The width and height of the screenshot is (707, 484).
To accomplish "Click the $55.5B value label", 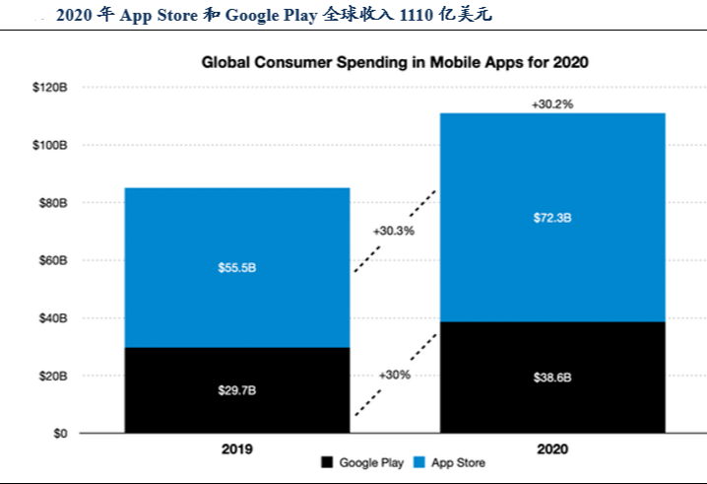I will pos(236,267).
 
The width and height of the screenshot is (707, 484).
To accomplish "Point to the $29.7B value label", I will pos(236,390).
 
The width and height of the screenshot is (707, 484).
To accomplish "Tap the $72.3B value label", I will pos(552,217).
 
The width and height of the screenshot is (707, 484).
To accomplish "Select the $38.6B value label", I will pos(552,378).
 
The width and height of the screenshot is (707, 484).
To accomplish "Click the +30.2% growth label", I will pos(552,103).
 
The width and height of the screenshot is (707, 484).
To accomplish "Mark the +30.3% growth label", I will pos(394,231).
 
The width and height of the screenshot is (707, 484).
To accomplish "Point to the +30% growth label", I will pos(394,376).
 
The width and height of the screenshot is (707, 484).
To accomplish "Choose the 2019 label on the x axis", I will pos(236,449).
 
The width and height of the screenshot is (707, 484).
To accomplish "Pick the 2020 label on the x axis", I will pos(552,449).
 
